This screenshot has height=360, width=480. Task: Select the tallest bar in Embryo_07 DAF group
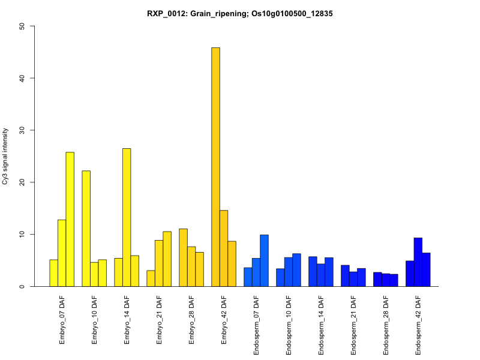pos(70,219)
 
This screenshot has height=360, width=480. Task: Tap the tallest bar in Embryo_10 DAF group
pos(86,229)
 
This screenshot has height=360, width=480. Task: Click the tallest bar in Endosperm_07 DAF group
pos(264,260)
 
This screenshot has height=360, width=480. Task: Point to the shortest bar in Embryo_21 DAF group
pos(151,278)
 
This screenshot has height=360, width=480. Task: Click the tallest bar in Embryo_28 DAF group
pos(183,257)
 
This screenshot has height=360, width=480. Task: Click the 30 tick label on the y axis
pos(22,130)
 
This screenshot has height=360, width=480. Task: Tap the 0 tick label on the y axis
pos(22,286)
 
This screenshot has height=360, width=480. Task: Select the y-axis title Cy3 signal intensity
pos(6,156)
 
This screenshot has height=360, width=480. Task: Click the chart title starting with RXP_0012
pos(240,13)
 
